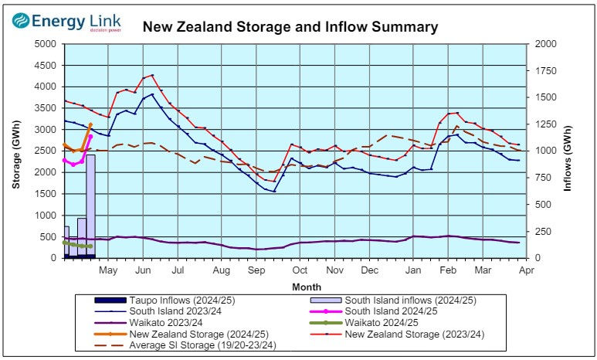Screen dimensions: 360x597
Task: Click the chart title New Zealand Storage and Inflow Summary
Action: [290, 27]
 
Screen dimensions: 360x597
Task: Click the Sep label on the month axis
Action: [256, 270]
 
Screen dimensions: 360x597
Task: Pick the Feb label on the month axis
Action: [447, 270]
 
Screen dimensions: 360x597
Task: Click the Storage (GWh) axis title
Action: [15, 150]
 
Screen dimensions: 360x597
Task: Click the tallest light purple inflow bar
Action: [90, 205]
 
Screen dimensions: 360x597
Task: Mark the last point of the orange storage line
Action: [90, 124]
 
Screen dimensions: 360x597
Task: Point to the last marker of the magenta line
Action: [90, 137]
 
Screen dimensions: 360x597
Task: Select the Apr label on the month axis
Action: [526, 270]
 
